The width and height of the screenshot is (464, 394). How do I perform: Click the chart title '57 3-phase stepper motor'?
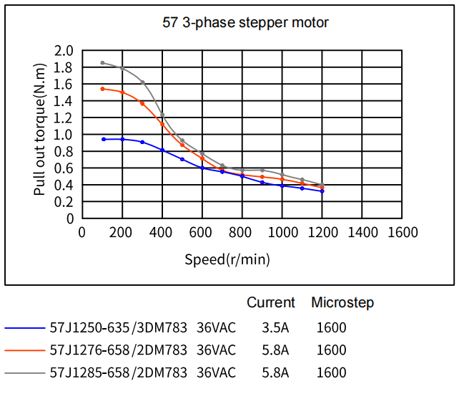(x=246, y=23)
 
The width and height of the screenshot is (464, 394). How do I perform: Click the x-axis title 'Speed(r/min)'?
(x=227, y=259)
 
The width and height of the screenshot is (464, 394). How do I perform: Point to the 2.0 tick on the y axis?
(x=64, y=51)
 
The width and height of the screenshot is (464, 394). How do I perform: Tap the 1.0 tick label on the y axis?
(x=64, y=135)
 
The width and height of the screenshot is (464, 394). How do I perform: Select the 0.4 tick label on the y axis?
(x=64, y=185)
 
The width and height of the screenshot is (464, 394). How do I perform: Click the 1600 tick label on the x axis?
(x=403, y=233)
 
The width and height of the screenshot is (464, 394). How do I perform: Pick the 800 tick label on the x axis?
(x=242, y=233)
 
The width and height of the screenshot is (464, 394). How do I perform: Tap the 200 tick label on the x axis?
(x=122, y=233)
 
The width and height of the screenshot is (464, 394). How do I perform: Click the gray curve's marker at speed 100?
(x=103, y=63)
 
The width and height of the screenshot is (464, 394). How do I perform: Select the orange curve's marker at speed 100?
(x=103, y=89)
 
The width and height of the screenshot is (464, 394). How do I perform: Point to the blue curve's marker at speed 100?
(x=103, y=139)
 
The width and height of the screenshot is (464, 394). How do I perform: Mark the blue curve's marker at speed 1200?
(x=322, y=191)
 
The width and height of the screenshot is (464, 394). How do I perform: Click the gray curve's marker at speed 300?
(x=142, y=82)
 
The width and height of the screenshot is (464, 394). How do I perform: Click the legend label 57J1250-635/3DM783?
(x=118, y=329)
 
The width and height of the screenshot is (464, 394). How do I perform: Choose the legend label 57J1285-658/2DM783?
(x=118, y=373)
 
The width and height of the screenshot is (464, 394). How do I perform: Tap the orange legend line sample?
(x=26, y=351)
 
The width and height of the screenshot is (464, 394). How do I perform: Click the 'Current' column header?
(x=271, y=303)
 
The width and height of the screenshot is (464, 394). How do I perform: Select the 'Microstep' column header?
(x=342, y=303)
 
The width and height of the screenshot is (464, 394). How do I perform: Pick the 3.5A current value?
(x=275, y=329)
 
